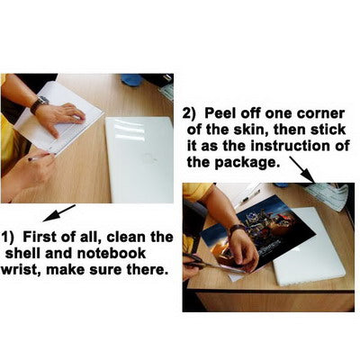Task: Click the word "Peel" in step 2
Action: coord(220,113)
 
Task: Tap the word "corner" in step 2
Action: coord(320,114)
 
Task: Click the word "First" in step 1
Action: coord(39,237)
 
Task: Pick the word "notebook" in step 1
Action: coord(112,253)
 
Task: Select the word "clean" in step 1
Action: coord(128,237)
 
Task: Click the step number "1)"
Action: coord(8,238)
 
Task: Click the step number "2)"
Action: coord(190,114)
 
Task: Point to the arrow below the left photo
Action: coord(59,213)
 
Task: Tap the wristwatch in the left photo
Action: coord(39,104)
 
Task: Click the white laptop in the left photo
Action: coord(139,159)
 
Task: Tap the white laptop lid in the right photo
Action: coord(309,247)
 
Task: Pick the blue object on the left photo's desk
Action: coord(131,80)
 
